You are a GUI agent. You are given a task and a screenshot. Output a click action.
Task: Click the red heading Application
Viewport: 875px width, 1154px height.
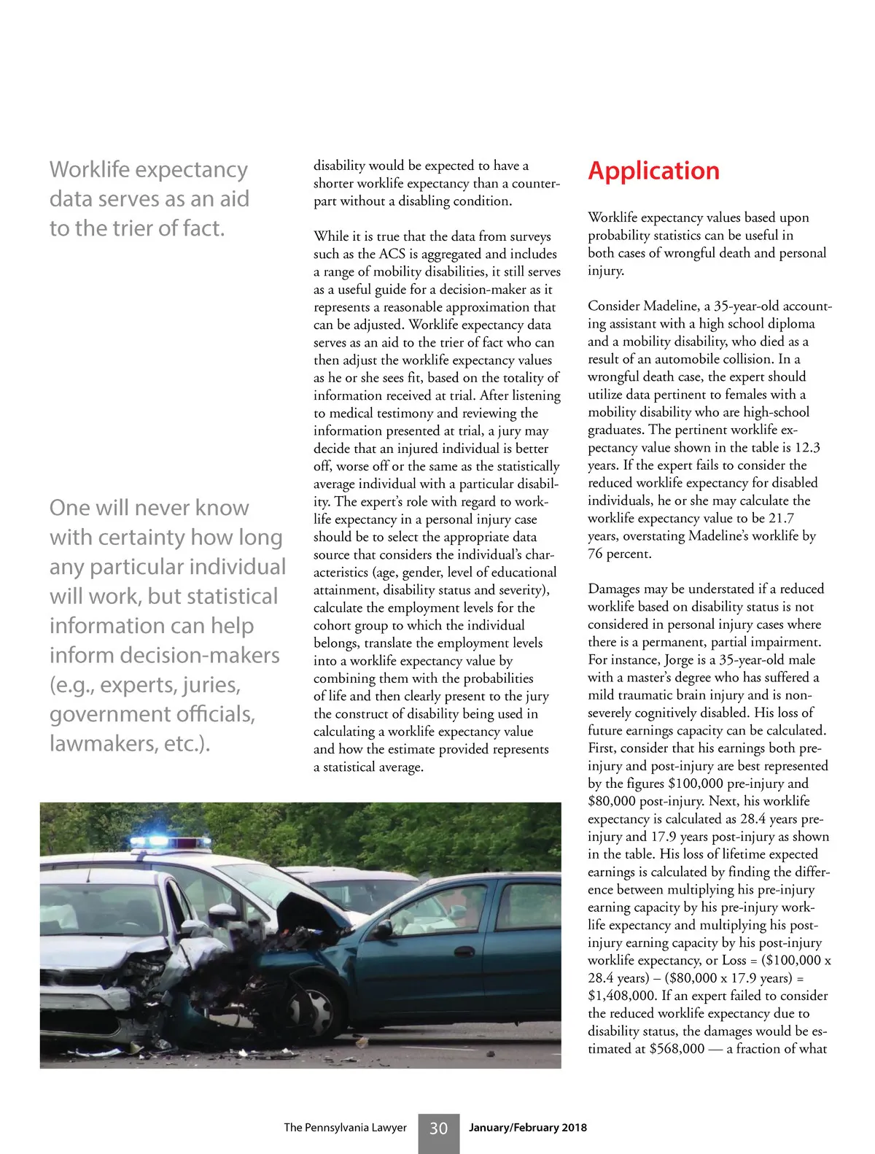tap(653, 171)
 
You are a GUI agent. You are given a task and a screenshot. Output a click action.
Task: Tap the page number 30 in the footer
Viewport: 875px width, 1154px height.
tap(438, 1128)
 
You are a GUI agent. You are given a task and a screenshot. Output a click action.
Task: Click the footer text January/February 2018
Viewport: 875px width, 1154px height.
tap(527, 1128)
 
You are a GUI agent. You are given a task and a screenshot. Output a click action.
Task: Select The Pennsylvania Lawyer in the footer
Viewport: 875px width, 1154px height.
tap(345, 1128)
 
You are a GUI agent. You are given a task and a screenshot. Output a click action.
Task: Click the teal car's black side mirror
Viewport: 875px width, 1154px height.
tap(383, 929)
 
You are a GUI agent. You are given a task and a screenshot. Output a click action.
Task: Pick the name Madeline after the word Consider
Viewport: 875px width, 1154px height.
tap(672, 306)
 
